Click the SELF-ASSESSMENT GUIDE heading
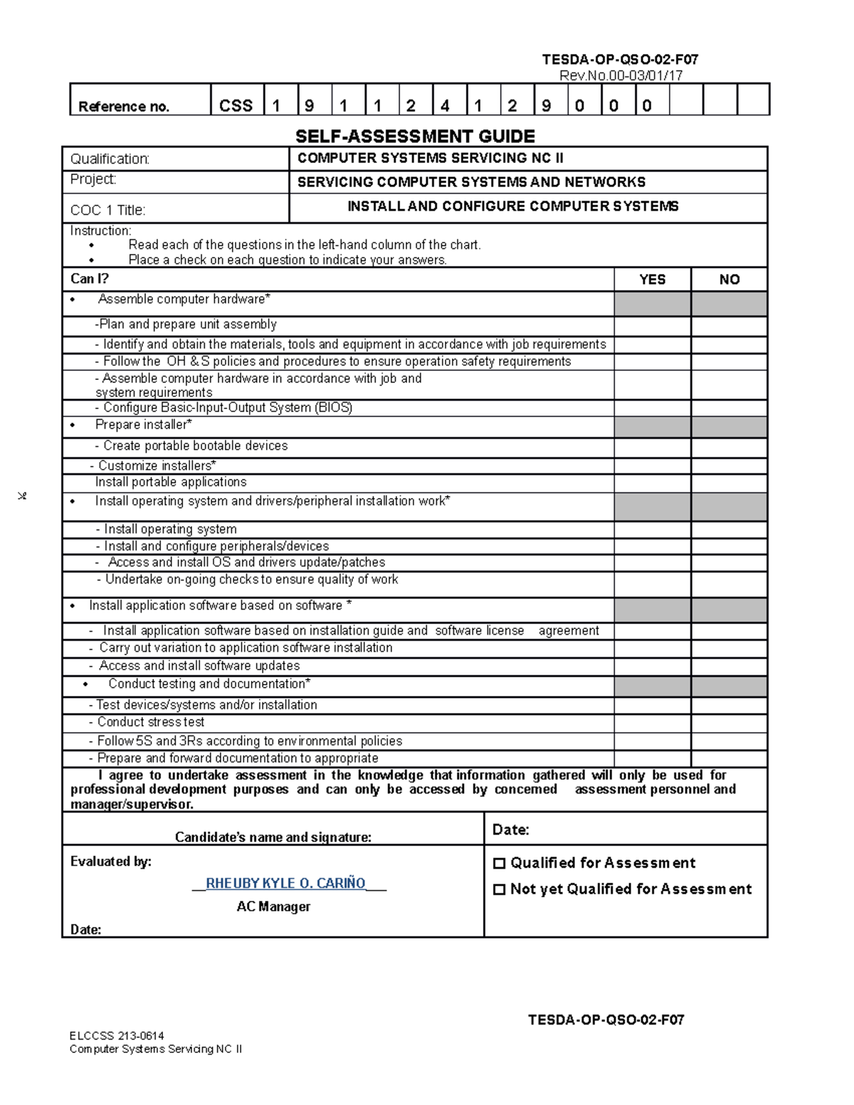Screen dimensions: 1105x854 point(415,136)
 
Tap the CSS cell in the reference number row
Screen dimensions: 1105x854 point(236,105)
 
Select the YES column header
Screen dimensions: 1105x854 point(652,280)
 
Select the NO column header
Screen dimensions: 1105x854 point(729,280)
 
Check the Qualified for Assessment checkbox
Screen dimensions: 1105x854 point(499,863)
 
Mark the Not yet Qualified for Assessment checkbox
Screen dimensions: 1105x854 point(499,889)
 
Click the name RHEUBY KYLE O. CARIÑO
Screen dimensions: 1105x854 point(285,883)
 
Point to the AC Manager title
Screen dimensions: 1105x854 point(273,906)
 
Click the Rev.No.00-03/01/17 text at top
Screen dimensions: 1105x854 point(621,75)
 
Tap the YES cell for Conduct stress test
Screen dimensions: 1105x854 point(652,723)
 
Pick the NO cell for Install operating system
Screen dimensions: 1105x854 point(729,529)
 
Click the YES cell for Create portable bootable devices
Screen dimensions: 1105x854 point(652,447)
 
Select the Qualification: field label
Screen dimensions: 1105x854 point(110,159)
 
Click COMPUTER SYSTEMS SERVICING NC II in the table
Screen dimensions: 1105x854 point(430,158)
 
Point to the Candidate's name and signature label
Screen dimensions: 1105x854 point(273,837)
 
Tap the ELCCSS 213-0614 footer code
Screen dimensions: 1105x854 point(117,1035)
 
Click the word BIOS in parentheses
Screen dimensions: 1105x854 point(333,408)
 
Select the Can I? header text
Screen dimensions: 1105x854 point(89,279)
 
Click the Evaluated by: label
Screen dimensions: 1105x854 point(110,862)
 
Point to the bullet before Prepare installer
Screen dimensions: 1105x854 point(73,425)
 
